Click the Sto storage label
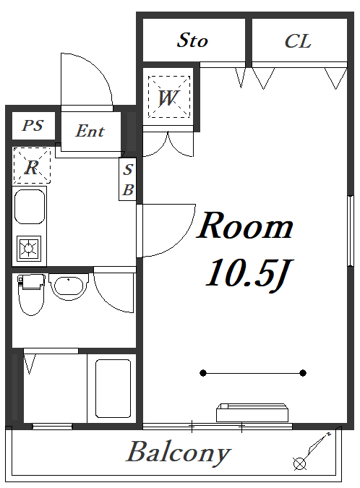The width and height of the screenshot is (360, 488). [x=192, y=40]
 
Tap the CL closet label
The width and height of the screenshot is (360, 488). [x=298, y=41]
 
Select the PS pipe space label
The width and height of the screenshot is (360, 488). [x=33, y=125]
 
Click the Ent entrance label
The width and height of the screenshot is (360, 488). [x=90, y=131]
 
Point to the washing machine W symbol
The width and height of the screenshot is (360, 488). [x=168, y=97]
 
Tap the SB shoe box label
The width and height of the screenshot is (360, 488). [x=128, y=179]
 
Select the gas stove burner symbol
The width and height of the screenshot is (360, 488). [x=29, y=249]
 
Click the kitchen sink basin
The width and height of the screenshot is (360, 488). [x=30, y=207]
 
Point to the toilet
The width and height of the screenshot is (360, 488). [x=30, y=294]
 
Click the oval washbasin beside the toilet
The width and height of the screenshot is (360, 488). [x=69, y=287]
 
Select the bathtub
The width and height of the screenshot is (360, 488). [x=113, y=388]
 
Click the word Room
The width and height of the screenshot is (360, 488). [x=245, y=226]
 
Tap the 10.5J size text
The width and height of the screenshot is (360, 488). [x=248, y=275]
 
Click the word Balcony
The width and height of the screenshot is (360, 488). [x=179, y=453]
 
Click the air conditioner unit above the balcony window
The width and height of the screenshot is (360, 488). [x=252, y=412]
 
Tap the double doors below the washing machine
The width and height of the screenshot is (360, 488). [x=168, y=144]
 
